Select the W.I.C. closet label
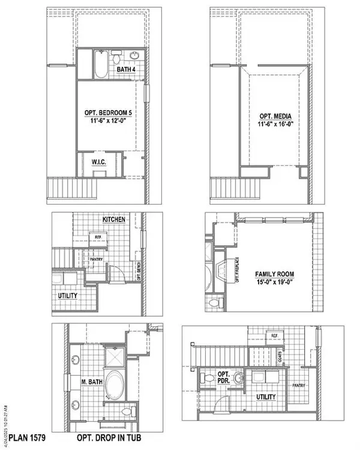pos(98,162)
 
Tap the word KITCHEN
pos(113,220)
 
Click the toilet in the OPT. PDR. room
pos(206,379)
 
